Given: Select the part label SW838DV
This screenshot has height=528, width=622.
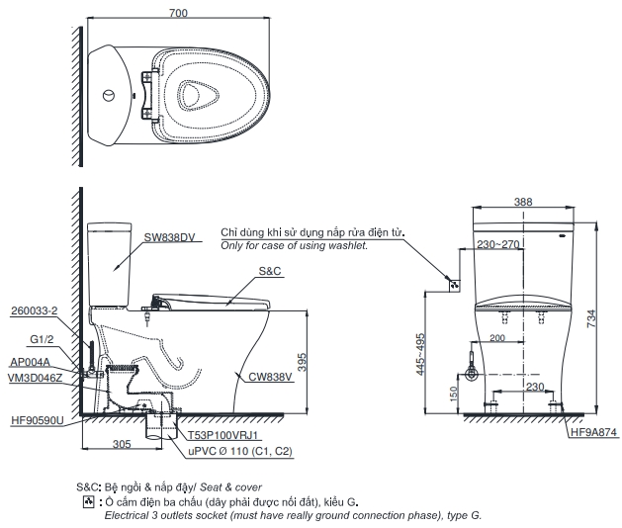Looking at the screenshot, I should (170, 237).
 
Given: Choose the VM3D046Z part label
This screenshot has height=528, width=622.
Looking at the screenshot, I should (35, 378).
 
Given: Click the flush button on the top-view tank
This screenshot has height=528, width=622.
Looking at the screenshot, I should (110, 96).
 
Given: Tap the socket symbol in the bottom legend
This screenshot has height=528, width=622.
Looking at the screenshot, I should (88, 502).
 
